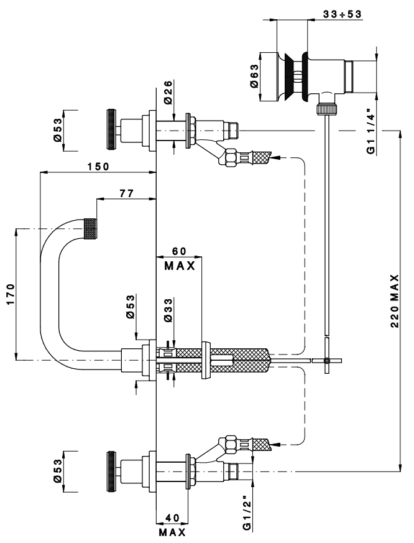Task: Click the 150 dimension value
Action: [x=98, y=166]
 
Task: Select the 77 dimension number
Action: [x=126, y=194]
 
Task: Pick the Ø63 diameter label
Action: [x=255, y=77]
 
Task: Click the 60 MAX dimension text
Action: [x=179, y=258]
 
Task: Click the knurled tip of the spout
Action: [x=92, y=230]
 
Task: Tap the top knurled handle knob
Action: [x=111, y=129]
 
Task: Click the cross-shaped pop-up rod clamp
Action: [x=328, y=361]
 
